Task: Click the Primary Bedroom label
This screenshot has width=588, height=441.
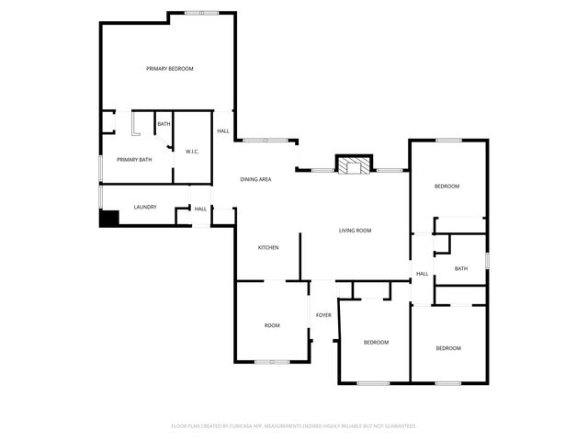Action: [170, 69]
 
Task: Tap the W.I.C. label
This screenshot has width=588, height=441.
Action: [193, 152]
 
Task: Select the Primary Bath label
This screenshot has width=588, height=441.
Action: [133, 160]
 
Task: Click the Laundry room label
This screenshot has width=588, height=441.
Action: [145, 207]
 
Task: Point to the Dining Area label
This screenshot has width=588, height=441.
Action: [255, 179]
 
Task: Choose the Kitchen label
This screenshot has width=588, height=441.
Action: [267, 247]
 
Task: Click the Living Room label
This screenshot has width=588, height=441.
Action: [355, 231]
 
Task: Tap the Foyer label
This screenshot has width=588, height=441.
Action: [323, 315]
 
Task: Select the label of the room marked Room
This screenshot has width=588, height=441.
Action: [272, 325]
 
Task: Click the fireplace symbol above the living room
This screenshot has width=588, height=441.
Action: [354, 165]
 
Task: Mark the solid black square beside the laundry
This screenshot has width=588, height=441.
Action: [109, 219]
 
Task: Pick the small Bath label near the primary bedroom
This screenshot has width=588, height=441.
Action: [164, 124]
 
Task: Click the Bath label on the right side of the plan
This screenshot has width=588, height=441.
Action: [460, 268]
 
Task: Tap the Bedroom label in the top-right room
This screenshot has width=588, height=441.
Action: [447, 187]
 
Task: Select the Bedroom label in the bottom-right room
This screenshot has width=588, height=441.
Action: [448, 348]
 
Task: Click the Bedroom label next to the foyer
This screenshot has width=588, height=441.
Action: [376, 343]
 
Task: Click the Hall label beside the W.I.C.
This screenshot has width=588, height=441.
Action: [223, 131]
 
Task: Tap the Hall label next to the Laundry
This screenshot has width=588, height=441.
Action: [200, 209]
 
